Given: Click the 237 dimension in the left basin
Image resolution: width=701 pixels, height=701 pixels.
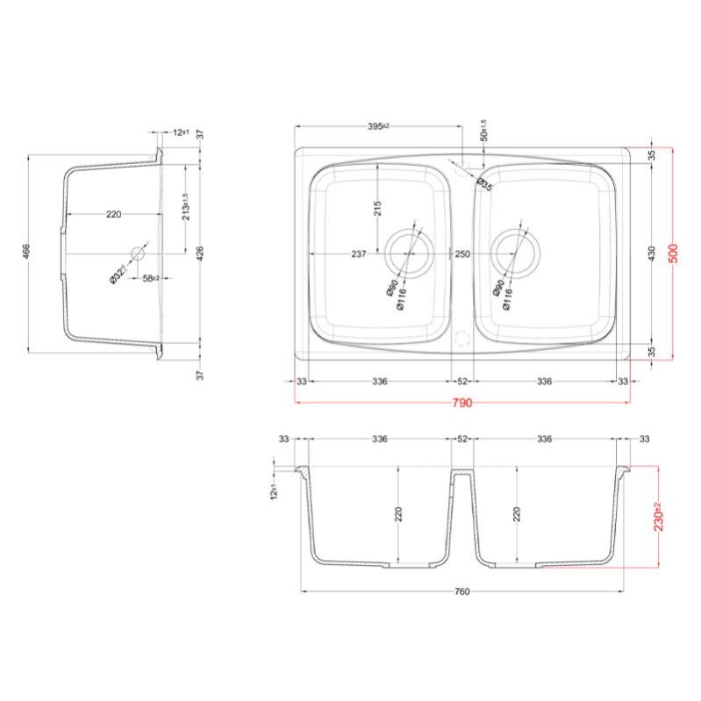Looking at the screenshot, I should [x=358, y=254].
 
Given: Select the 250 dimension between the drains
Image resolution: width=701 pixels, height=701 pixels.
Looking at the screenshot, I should [x=462, y=254].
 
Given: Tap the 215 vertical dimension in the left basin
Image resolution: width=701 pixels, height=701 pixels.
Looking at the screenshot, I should [x=378, y=208].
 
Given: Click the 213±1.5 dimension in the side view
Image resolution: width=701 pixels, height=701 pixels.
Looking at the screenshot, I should [x=185, y=207].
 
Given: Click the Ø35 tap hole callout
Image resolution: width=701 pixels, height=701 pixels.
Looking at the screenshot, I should [x=484, y=183].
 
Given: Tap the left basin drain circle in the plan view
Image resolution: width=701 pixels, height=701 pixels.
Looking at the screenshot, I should [x=407, y=253].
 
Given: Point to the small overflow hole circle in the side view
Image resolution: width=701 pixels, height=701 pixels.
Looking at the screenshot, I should [x=137, y=253].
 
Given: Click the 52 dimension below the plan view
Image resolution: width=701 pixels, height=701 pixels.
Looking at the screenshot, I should [x=462, y=382].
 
